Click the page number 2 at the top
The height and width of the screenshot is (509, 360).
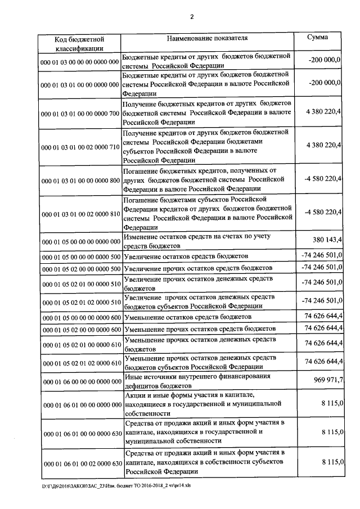pos(191,16)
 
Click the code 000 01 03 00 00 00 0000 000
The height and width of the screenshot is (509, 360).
pos(79,61)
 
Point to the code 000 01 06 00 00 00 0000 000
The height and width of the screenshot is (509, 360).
pos(79,381)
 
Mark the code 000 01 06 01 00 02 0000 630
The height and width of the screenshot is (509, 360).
pos(79,463)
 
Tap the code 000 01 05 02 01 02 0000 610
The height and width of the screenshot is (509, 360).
pos(79,362)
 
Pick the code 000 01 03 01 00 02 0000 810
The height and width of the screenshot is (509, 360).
pos(79,214)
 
